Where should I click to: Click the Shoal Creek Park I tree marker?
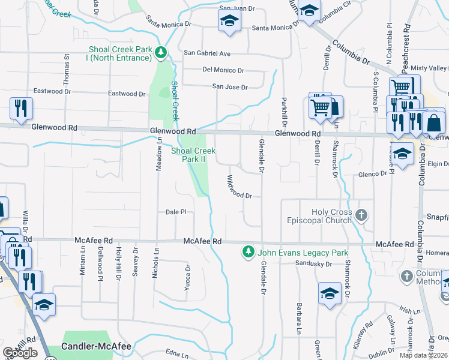tap(160, 53)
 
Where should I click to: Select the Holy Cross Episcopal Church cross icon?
tap(361, 214)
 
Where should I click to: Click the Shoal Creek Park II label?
tap(193, 155)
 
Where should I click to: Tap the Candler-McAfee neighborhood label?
tap(96, 347)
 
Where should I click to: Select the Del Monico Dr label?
tap(223, 70)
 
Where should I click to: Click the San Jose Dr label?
tap(230, 87)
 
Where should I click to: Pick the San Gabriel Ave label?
tap(207, 53)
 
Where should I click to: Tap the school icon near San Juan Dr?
tap(228, 21)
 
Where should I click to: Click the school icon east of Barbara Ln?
tap(330, 293)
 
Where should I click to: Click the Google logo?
tap(20, 353)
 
